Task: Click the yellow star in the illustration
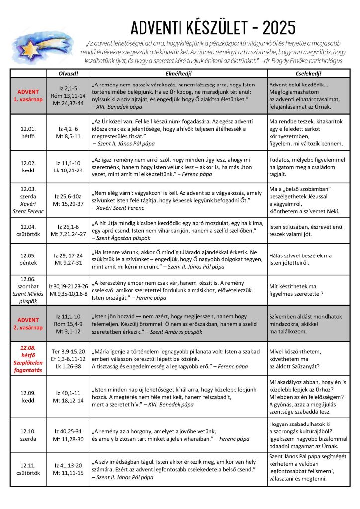coord(32,50)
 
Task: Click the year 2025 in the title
coord(273,26)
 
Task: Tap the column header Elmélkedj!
coord(178,74)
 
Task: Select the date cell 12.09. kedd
coord(28,397)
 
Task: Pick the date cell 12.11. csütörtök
coord(28,469)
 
